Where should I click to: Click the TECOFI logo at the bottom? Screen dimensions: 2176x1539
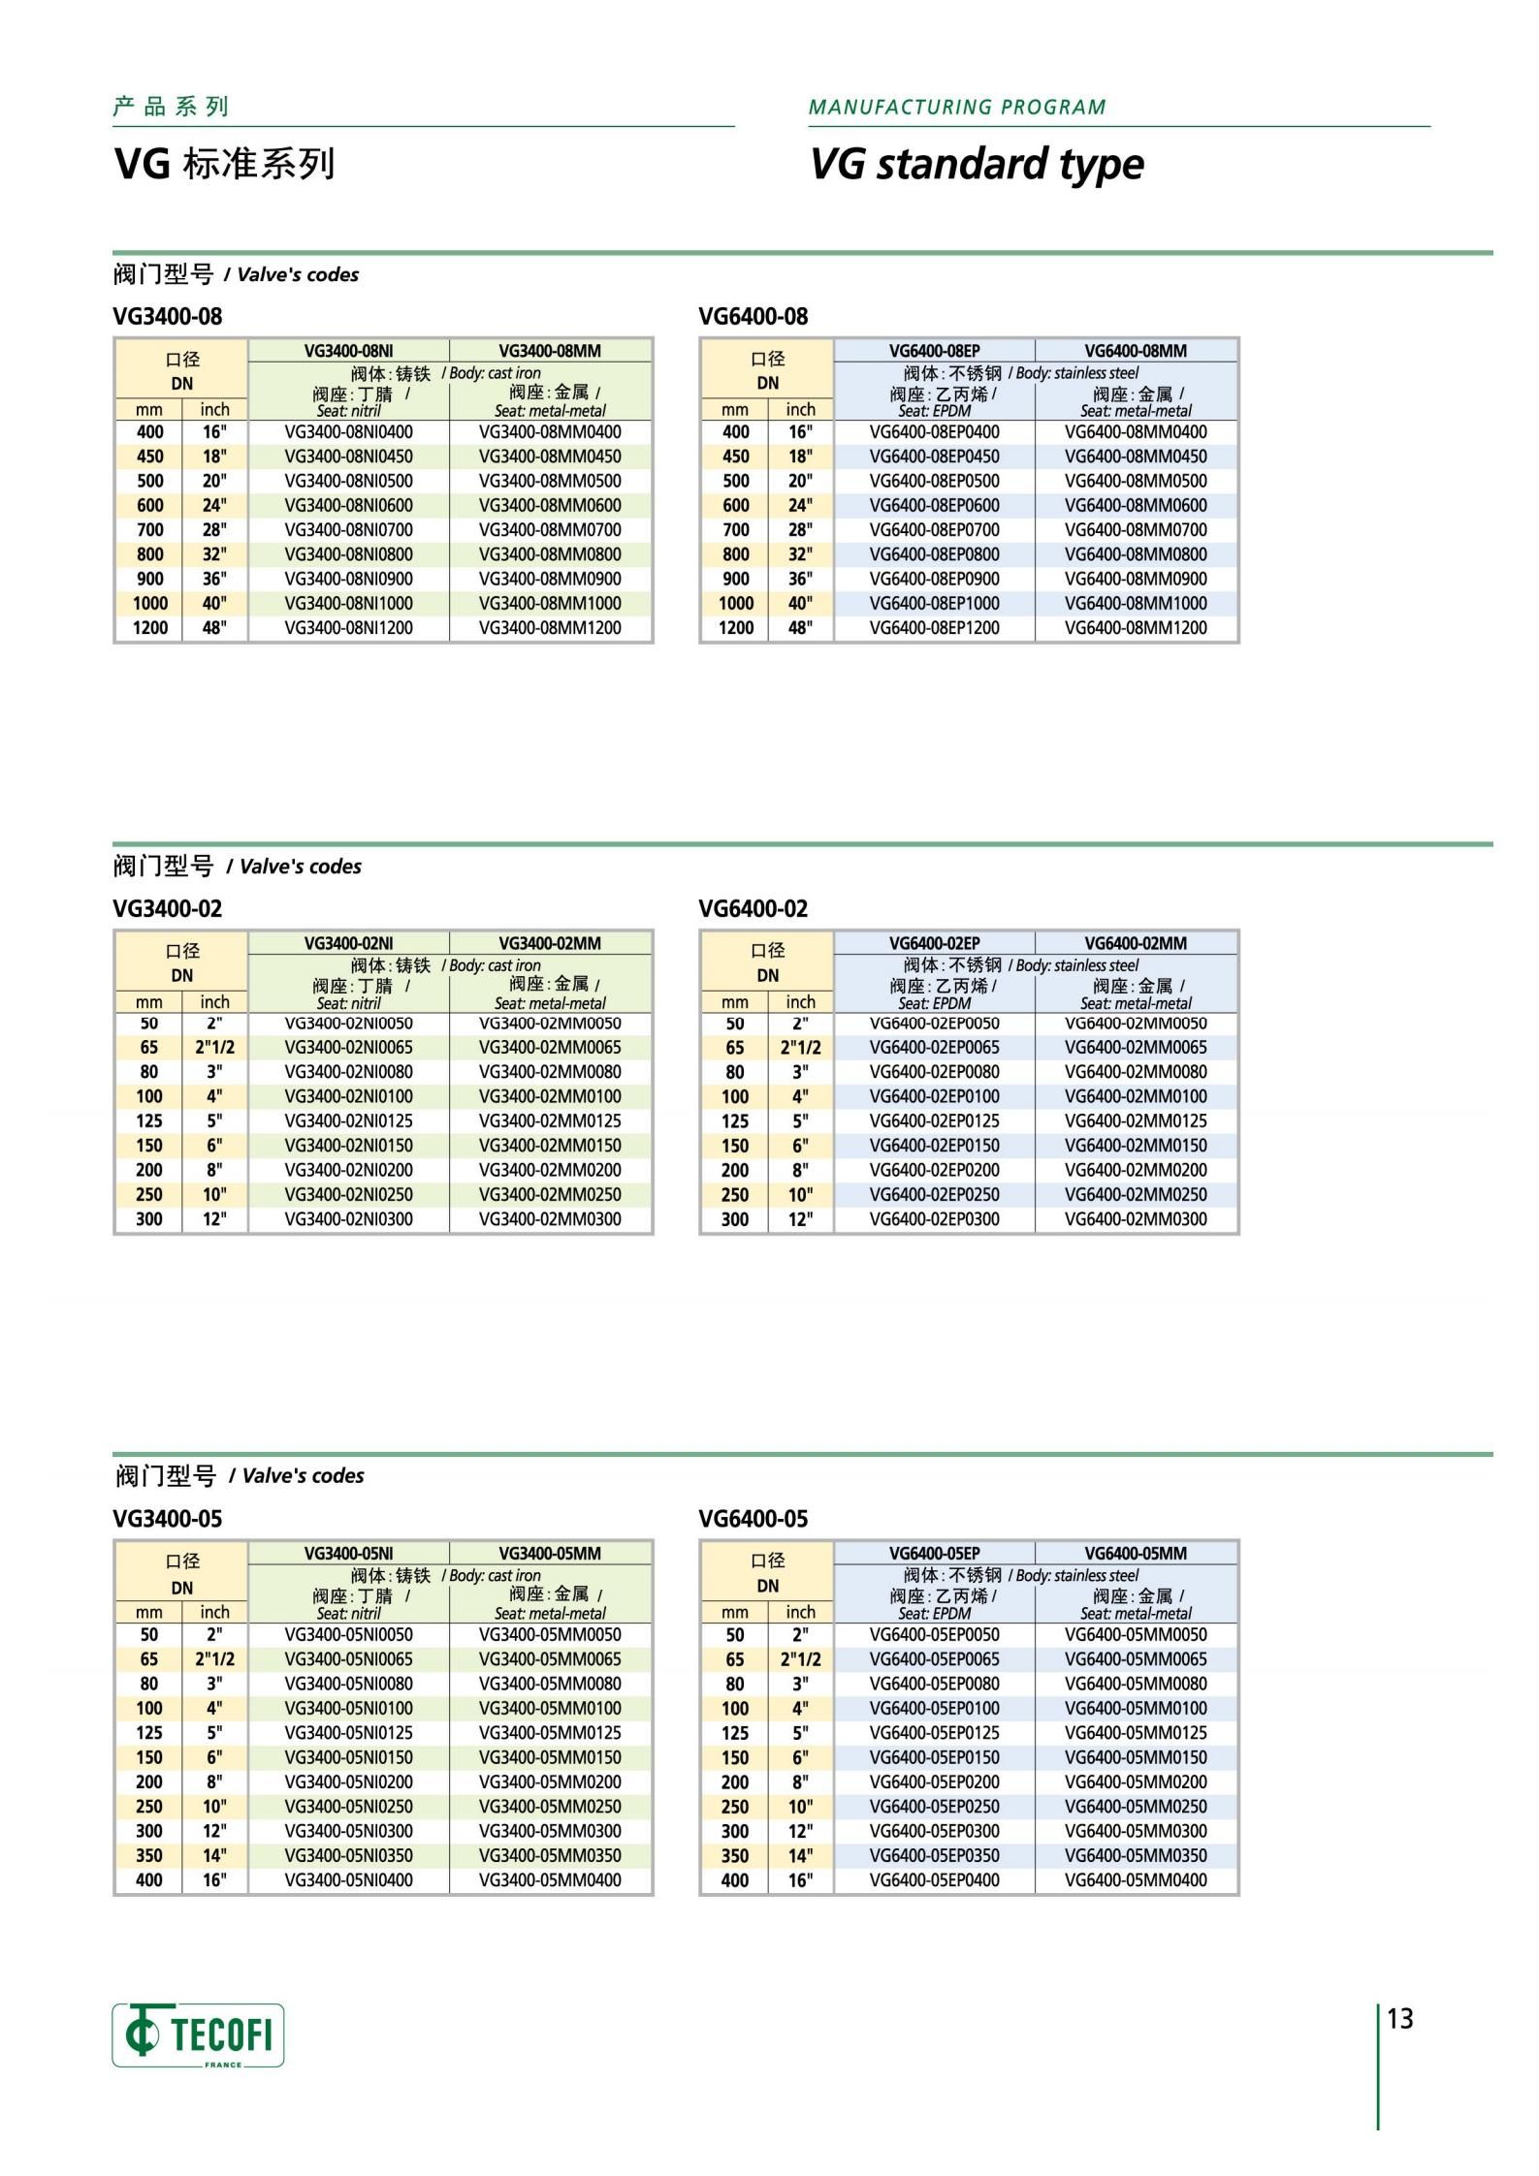198,2034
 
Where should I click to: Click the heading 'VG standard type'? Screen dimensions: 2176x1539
977,164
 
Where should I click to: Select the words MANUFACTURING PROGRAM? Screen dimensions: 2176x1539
957,107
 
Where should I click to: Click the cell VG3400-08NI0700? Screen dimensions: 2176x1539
348,530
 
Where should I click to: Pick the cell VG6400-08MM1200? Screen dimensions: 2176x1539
1136,628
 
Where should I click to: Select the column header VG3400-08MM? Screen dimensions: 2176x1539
550,351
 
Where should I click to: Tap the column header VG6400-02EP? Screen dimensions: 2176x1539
935,943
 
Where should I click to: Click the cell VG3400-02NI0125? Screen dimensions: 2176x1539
348,1121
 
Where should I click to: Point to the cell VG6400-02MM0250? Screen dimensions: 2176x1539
1136,1195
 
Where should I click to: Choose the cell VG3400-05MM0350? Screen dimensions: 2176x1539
550,1855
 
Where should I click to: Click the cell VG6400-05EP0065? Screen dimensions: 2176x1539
934,1659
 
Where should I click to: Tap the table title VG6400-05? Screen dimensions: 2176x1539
753,1519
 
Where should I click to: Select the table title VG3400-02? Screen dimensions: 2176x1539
167,908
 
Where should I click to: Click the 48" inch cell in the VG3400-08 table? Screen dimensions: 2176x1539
214,628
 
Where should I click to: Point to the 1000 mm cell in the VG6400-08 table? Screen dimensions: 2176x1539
736,603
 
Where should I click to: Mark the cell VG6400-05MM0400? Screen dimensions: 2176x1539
1136,1880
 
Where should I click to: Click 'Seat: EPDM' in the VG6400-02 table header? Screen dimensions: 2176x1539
934,1003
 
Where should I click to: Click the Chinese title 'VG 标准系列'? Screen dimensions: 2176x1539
225,164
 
